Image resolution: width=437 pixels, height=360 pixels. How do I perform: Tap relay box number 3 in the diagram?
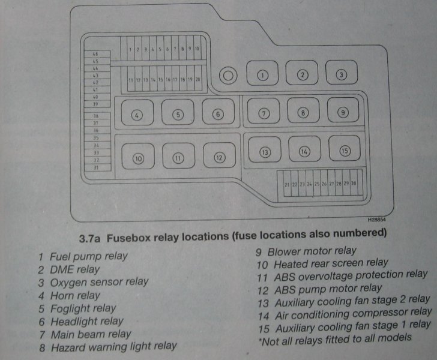341,74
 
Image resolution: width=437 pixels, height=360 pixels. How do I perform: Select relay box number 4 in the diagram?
137,114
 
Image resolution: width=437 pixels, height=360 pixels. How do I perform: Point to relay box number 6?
218,113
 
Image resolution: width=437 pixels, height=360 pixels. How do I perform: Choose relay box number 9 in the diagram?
343,112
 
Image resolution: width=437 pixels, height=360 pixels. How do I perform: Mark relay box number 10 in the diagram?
138,159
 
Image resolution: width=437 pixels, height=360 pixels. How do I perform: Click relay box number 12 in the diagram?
219,158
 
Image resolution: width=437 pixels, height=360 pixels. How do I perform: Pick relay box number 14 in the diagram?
304,152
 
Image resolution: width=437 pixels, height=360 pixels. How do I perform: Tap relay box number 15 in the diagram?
344,151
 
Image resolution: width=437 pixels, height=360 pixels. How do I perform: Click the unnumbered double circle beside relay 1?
228,76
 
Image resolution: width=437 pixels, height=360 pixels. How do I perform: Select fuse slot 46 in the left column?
95,54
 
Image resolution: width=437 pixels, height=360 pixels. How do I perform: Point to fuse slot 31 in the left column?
95,168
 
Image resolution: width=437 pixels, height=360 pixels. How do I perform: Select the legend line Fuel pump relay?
88,256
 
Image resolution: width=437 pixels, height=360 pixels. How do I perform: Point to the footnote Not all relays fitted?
335,338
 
